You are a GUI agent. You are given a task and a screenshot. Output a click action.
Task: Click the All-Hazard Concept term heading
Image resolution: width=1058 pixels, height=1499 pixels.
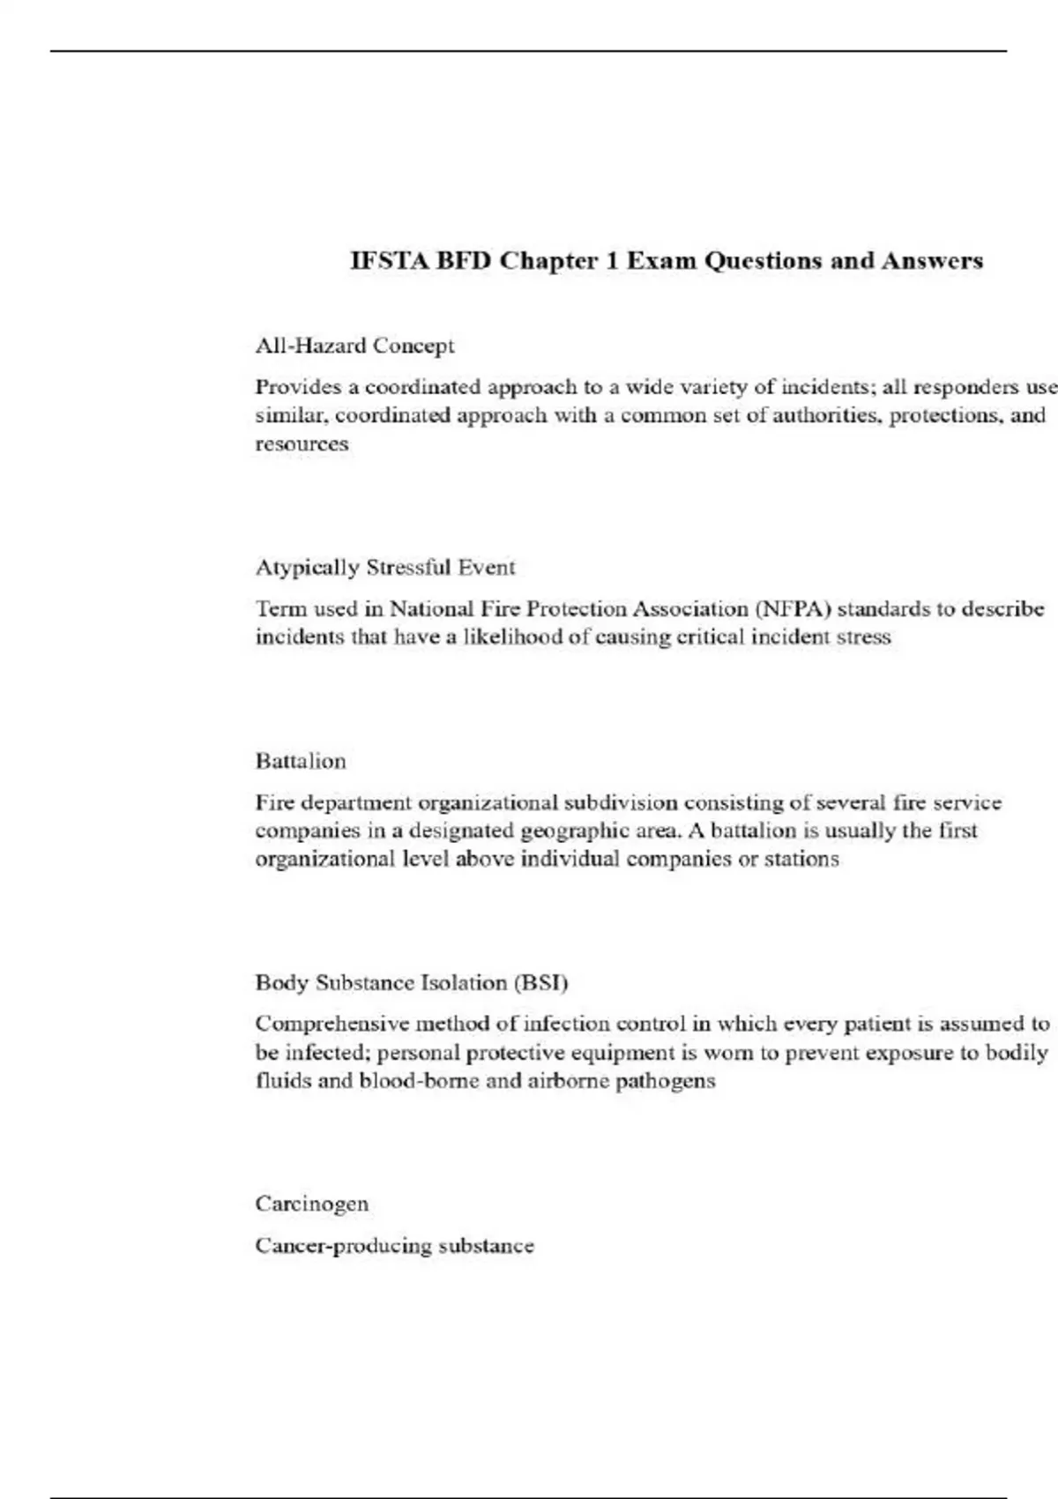[x=354, y=346]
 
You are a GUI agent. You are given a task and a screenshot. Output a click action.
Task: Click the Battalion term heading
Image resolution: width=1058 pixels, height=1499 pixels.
[x=301, y=761]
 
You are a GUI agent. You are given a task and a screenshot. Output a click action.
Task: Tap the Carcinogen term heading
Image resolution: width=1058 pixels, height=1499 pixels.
[x=312, y=1204]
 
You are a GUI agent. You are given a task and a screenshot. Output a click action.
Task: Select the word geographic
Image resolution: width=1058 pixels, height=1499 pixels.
[x=575, y=831]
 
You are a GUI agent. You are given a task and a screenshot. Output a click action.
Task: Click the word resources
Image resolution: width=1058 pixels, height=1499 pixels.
[x=302, y=444]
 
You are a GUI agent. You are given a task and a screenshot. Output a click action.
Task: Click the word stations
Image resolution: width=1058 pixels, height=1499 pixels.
[x=801, y=859]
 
